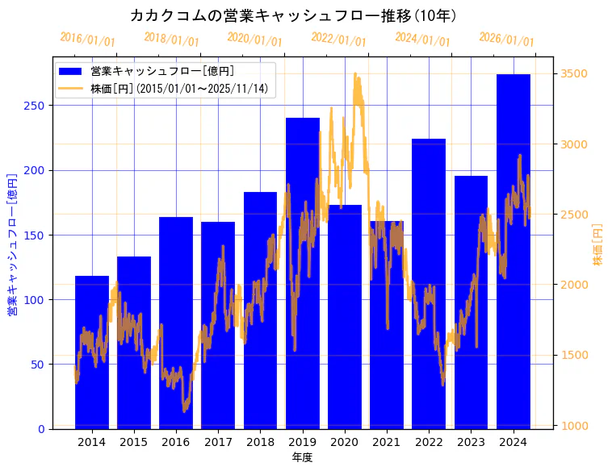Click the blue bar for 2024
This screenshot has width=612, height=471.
tap(513, 250)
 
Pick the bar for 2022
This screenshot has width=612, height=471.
tap(429, 283)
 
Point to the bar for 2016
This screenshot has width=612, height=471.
tap(176, 323)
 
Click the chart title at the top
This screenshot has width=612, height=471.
tap(293, 15)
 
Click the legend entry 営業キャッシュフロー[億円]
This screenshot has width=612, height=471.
tap(162, 72)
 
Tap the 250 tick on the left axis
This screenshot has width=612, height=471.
tap(39, 106)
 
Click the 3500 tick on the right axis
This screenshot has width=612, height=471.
tap(574, 74)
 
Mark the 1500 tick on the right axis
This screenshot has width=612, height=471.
tap(574, 355)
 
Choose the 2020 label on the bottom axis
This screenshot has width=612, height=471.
tap(344, 442)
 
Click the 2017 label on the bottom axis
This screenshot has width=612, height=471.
tap(218, 442)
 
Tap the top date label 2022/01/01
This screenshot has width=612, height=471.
tap(338, 40)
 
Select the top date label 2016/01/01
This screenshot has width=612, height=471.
tap(87, 40)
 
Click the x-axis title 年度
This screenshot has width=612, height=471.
tap(302, 457)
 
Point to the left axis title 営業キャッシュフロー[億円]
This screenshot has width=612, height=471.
tap(12, 243)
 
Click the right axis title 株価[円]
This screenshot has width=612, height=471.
tap(598, 245)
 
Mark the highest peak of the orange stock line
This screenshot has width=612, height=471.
tap(355, 73)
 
